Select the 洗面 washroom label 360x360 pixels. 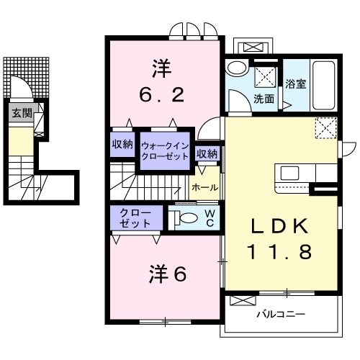[263, 99]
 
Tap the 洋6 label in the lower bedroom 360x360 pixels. [166, 274]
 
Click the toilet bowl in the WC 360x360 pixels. [186, 217]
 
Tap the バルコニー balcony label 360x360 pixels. [281, 315]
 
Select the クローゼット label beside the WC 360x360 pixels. [136, 217]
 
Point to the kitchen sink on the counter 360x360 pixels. [290, 173]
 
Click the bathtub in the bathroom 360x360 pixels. [325, 85]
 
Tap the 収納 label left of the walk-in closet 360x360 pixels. [122, 144]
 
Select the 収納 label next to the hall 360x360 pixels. [207, 153]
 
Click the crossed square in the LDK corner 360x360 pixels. [325, 128]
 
